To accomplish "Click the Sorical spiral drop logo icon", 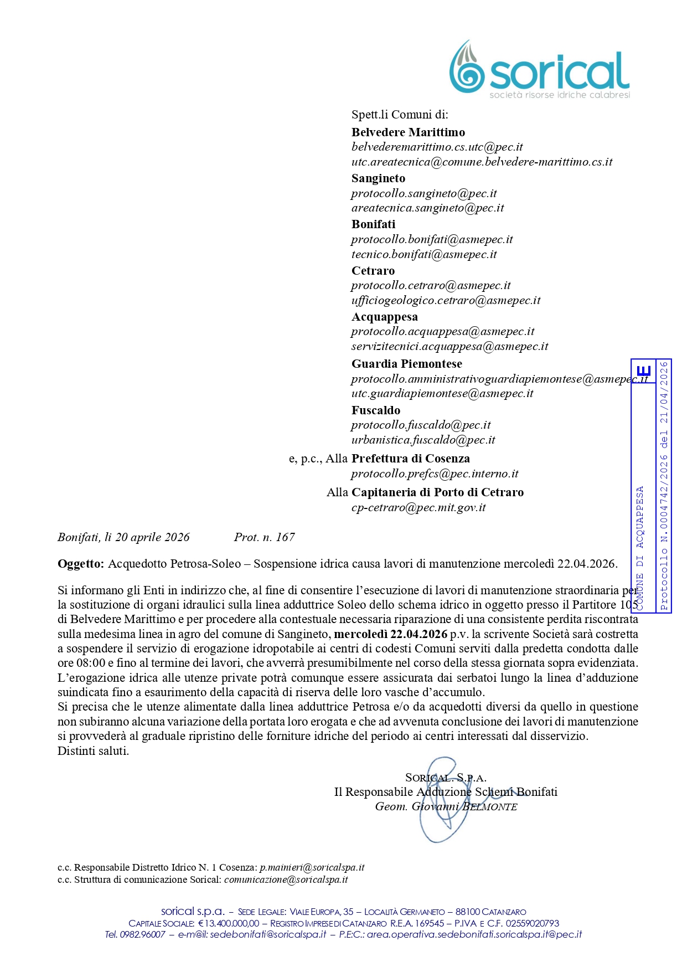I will tap(467, 67).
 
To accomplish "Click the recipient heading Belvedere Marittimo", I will tap(408, 132).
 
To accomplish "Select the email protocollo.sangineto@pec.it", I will tap(423, 193).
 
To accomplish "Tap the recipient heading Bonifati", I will tap(373, 224).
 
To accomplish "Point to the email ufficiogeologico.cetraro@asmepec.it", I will tap(446, 300).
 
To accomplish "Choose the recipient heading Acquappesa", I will tap(384, 317).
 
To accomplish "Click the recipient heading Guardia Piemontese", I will tap(406, 364).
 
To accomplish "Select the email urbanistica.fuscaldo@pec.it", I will tap(423, 440).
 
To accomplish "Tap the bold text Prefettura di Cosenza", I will tap(410, 459).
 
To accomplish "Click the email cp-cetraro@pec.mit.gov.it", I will tap(418, 507).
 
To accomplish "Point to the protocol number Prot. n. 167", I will tap(264, 537).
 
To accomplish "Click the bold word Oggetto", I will tap(80, 564).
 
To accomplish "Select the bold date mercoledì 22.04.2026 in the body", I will tap(391, 634).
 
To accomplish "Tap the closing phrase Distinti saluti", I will tap(93, 751).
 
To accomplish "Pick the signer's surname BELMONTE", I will tap(490, 807).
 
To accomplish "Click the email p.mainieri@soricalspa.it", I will tap(312, 867).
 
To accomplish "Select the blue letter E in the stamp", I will tap(644, 371).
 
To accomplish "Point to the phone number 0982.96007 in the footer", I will tap(142, 934).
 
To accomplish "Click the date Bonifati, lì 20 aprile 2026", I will tap(123, 537).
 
